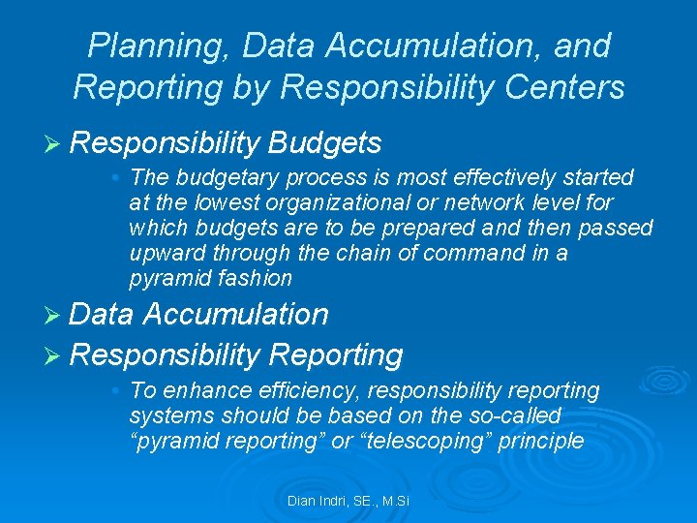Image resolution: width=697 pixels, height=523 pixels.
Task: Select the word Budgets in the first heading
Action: [325, 143]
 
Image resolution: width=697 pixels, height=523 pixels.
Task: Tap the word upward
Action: [167, 253]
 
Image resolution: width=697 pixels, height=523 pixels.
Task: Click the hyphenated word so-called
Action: [515, 415]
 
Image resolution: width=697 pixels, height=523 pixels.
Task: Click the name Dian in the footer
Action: [302, 501]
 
